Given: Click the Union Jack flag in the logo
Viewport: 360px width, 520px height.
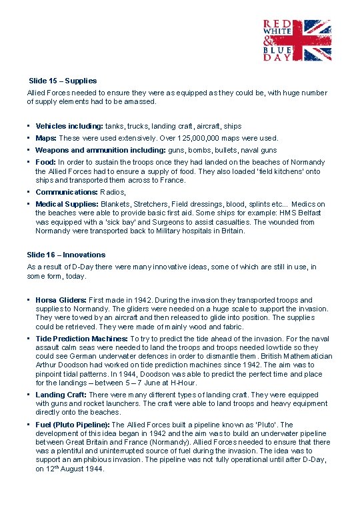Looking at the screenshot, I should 305,40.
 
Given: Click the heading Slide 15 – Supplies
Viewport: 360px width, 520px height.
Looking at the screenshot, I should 63,81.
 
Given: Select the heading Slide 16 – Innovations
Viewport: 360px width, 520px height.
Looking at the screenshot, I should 66,255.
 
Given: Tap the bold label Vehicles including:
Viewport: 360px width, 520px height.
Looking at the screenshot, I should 69,126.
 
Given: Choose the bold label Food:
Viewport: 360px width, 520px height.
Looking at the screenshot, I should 45,162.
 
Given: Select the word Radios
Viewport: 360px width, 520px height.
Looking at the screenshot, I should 112,192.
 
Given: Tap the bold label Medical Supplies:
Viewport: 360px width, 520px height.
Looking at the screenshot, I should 67,204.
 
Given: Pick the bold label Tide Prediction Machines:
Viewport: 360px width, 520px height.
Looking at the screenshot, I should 82,339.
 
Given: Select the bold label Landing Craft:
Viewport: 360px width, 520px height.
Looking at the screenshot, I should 60,395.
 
